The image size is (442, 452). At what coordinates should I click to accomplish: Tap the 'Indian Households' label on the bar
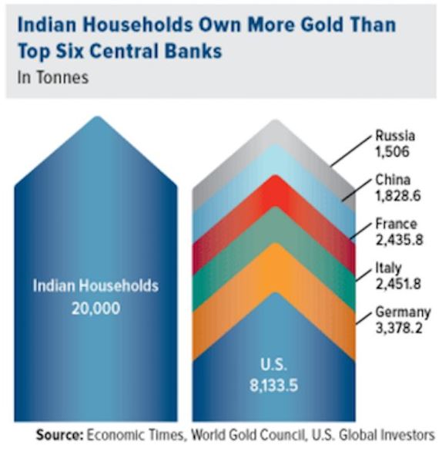95,285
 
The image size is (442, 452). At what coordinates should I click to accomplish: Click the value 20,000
95,308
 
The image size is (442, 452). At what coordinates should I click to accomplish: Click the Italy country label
389,268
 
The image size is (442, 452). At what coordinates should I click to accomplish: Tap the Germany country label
400,312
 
